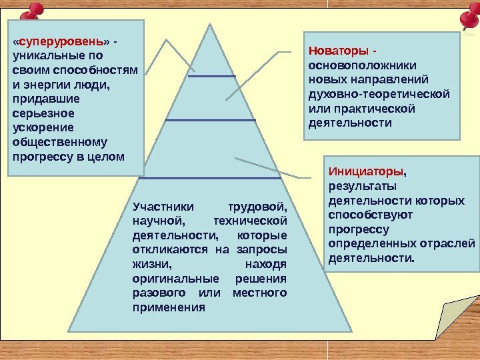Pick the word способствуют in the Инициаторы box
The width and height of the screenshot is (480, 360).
[371, 215]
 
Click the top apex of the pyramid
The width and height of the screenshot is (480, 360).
[210, 25]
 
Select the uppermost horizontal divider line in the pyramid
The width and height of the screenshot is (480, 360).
[212, 77]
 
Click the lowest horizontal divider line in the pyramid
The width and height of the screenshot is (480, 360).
[209, 178]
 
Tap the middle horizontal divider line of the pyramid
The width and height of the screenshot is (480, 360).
[211, 120]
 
